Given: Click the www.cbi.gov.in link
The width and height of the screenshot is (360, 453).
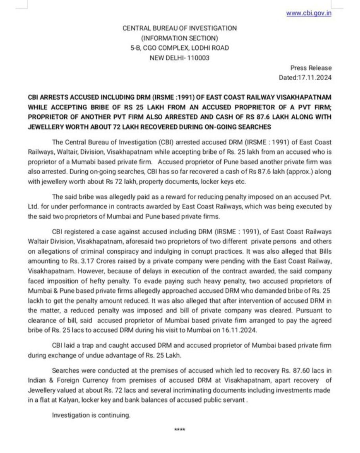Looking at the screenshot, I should point(309,13).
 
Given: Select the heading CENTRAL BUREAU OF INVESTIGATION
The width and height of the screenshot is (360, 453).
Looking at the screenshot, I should point(179,28).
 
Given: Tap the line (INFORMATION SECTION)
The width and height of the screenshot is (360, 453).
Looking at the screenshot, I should point(179,38).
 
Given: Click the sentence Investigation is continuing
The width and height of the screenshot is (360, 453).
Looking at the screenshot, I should point(91,415).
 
